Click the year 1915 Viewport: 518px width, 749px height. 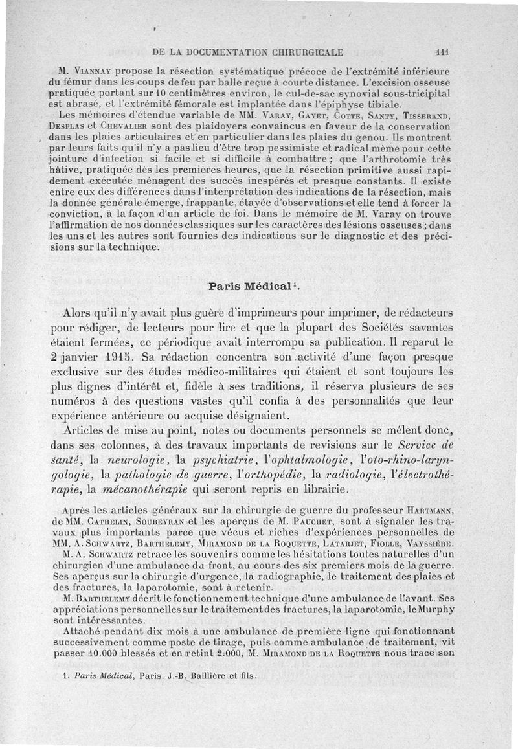(x=118, y=355)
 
